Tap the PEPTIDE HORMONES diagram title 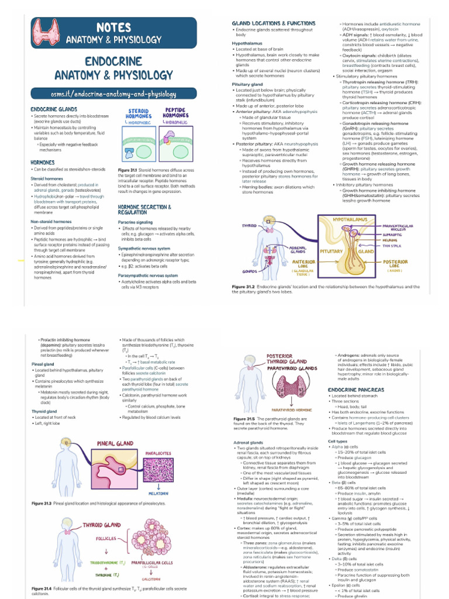pyautogui.click(x=175, y=113)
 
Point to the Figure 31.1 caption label pyautogui.click(x=128, y=170)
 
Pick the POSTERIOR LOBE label pyautogui.click(x=395, y=264)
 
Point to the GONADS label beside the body pyautogui.click(x=250, y=271)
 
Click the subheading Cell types pyautogui.click(x=338, y=441)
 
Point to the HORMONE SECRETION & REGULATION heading pyautogui.click(x=144, y=210)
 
